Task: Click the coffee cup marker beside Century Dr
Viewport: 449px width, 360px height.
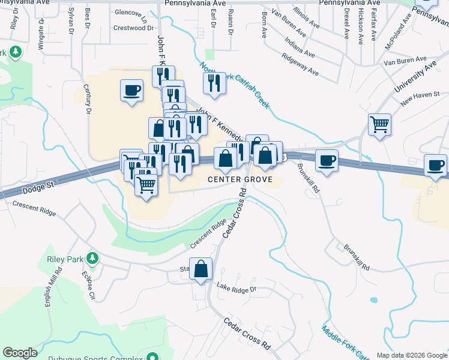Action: (x=132, y=91)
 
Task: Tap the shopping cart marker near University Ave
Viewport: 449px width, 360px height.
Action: (x=379, y=125)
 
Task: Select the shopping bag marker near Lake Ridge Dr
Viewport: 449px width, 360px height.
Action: (x=200, y=269)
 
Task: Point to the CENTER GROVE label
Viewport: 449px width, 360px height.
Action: (x=240, y=179)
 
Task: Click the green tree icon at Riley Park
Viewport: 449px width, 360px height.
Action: (x=92, y=259)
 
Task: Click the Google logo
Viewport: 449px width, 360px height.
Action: (x=20, y=353)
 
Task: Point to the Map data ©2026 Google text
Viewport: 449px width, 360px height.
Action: (x=411, y=355)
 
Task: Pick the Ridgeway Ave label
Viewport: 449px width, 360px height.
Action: (x=300, y=63)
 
